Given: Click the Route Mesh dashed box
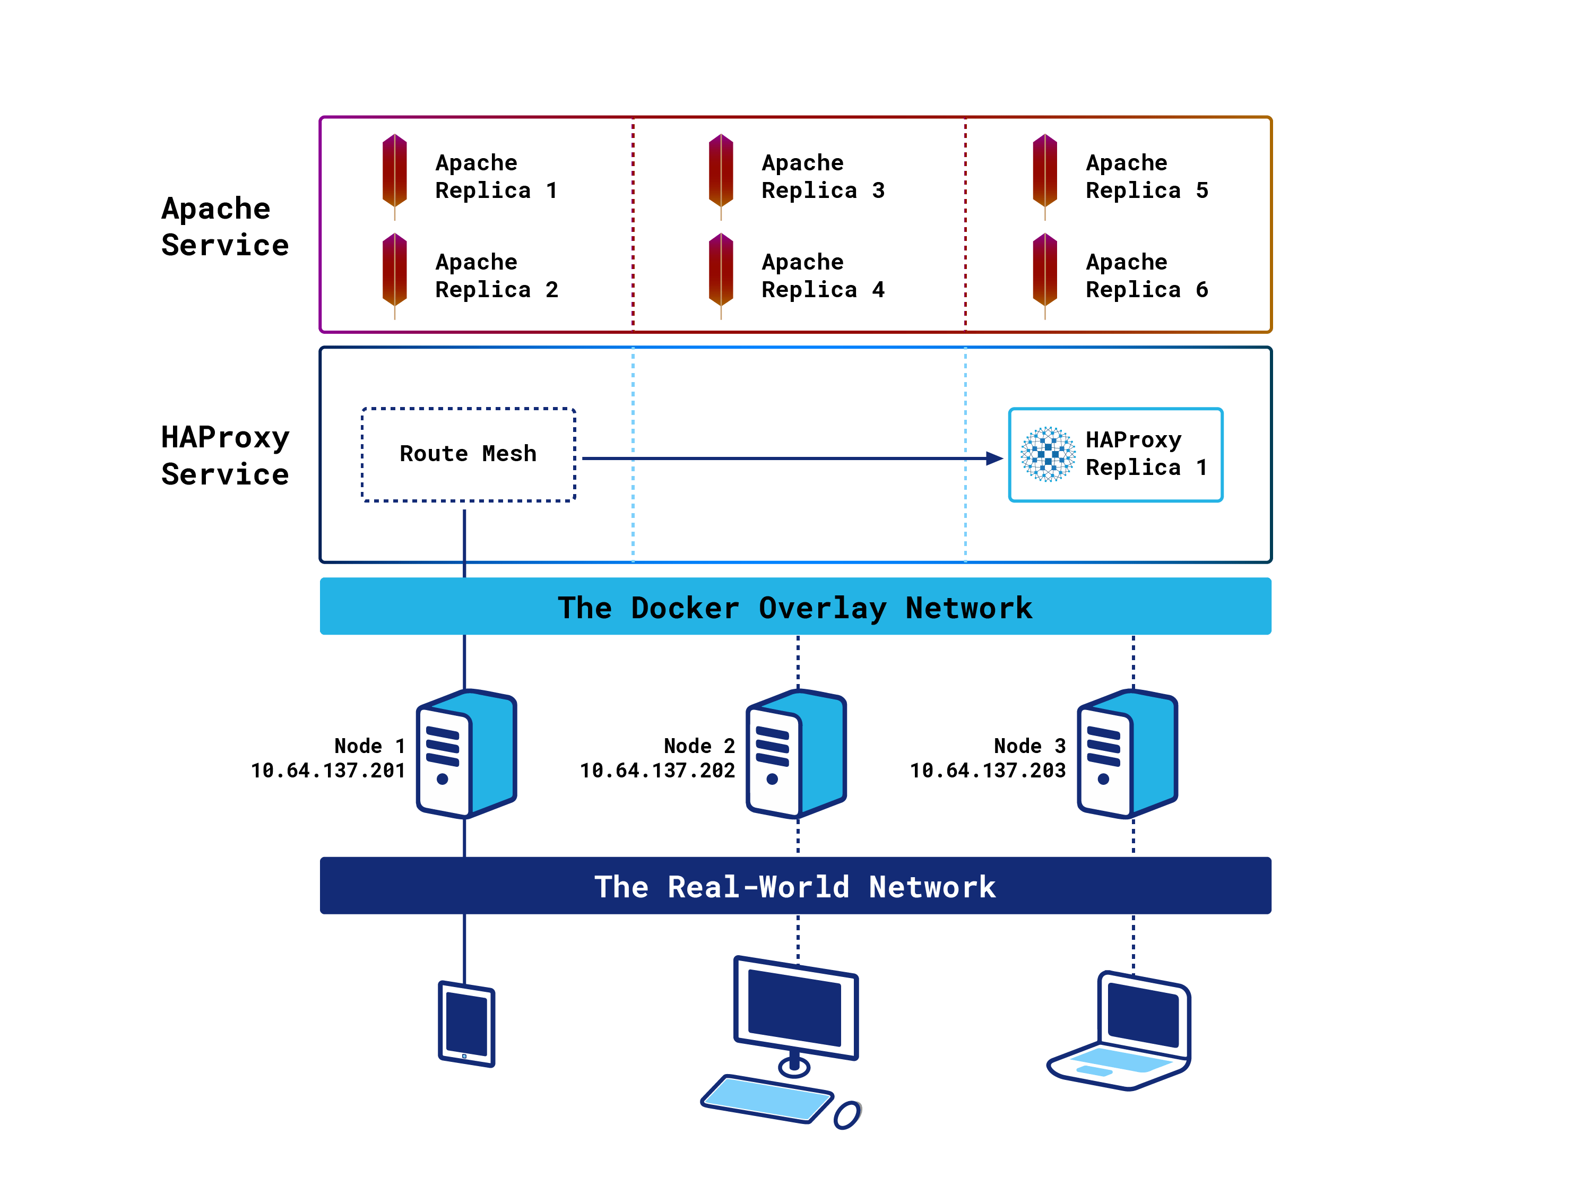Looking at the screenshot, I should click(468, 454).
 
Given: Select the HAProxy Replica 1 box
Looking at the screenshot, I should click(1115, 454).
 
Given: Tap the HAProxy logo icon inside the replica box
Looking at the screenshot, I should click(1048, 454).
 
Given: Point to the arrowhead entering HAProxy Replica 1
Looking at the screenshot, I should click(994, 458).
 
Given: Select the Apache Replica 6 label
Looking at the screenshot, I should click(1146, 275).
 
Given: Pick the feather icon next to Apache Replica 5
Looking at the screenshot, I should click(1044, 175).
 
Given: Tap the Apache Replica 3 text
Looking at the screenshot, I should click(822, 176).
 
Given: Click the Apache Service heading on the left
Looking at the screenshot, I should click(224, 227).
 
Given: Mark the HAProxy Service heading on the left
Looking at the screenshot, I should click(224, 455).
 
